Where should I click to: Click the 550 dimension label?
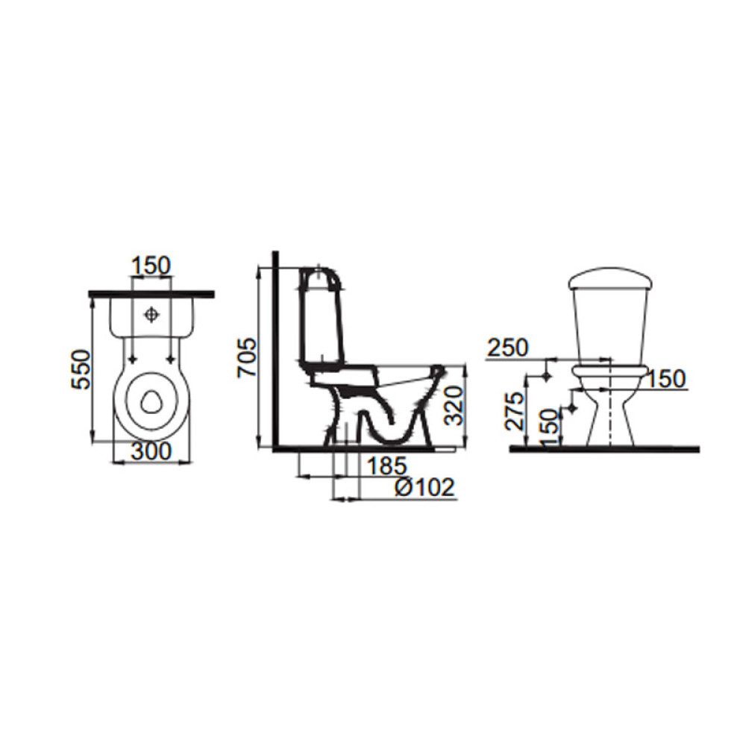coord(81,369)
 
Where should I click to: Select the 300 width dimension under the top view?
coord(151,451)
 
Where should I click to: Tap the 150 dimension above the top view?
coord(151,266)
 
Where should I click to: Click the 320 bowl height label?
coord(453,405)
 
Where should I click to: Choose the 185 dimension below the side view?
coord(386,466)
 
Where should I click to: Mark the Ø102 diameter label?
coord(425,487)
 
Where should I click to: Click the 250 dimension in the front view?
coord(508,348)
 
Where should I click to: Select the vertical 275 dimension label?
coord(515,410)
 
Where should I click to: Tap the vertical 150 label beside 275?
coord(548,421)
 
